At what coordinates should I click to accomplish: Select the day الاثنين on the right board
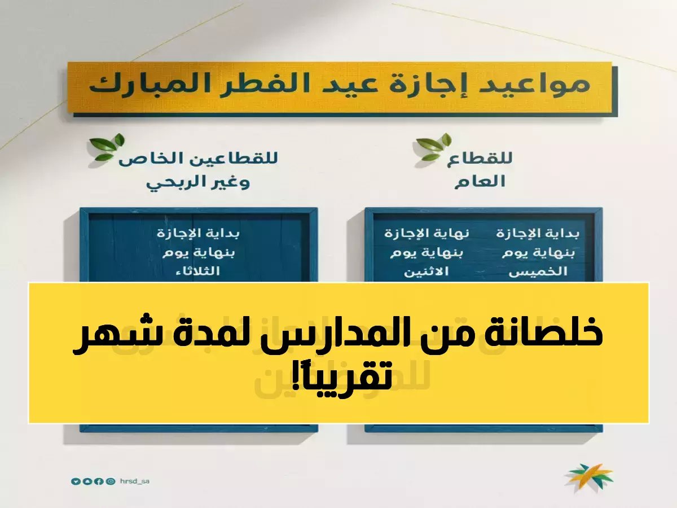pos(427,272)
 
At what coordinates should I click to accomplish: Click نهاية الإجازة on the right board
pos(427,233)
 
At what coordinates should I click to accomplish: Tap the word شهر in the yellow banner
pos(108,336)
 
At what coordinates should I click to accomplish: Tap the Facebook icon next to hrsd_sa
pos(99,481)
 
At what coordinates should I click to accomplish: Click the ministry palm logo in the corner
pos(590,479)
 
